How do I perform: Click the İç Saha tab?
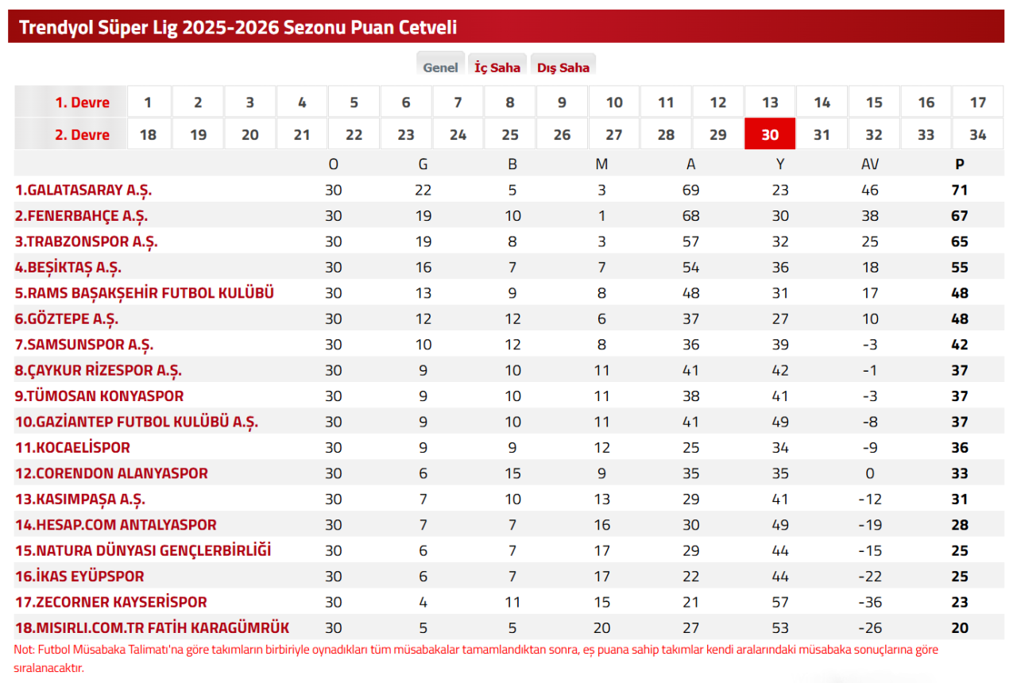[497, 68]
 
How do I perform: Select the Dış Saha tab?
[563, 68]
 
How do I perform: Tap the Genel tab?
[440, 68]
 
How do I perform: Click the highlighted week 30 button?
[770, 134]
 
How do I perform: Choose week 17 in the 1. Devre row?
[978, 102]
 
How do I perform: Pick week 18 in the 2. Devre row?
[148, 134]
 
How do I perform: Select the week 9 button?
[562, 102]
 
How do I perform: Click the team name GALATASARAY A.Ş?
[83, 190]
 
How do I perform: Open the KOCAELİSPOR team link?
[72, 447]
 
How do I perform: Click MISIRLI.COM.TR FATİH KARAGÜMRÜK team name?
[152, 627]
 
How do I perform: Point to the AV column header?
[870, 164]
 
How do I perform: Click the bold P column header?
[960, 164]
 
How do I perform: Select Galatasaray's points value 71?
[960, 190]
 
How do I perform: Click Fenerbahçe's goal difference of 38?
[870, 216]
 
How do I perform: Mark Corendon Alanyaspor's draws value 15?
[512, 473]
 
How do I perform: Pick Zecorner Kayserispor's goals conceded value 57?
[780, 602]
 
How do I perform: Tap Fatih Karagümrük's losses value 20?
[601, 627]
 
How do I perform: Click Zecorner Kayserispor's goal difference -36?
[870, 602]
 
